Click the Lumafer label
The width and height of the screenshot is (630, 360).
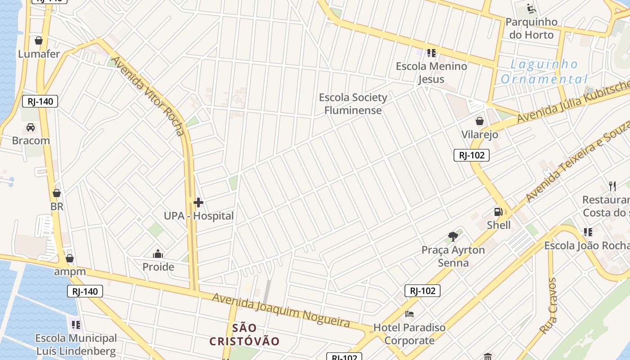[39, 54]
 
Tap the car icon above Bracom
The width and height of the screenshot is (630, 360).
[31, 127]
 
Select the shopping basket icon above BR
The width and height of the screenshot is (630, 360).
[57, 193]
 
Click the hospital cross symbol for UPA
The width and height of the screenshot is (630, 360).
[198, 202]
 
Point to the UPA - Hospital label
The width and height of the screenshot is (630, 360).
[198, 216]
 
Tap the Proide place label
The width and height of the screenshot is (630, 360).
[158, 267]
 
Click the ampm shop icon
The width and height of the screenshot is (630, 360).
[70, 258]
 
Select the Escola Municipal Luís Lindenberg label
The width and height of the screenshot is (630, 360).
[76, 345]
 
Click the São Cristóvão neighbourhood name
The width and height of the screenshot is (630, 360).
[245, 334]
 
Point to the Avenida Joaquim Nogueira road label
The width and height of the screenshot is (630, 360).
[281, 310]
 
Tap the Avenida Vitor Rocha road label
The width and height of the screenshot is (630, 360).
[148, 96]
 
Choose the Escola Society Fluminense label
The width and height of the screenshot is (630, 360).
[353, 104]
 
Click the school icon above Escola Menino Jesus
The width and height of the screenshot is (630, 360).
[432, 53]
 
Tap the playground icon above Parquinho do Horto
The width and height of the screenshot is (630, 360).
[531, 9]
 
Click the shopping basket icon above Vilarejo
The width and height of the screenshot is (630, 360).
[480, 121]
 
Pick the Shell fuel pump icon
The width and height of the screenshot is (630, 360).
[499, 211]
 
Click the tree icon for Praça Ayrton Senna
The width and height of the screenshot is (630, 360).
[453, 236]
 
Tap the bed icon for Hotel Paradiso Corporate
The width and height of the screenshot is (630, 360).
[409, 314]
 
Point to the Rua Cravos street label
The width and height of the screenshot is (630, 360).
[548, 306]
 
